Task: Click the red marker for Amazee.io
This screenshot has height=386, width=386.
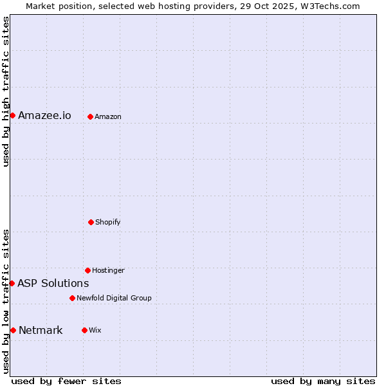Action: pyautogui.click(x=12, y=115)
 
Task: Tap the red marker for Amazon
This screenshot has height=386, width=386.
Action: pyautogui.click(x=90, y=116)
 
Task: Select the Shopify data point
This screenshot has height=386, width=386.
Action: pyautogui.click(x=91, y=222)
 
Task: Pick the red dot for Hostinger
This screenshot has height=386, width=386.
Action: pyautogui.click(x=87, y=270)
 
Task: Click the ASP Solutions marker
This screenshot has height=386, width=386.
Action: pyautogui.click(x=12, y=283)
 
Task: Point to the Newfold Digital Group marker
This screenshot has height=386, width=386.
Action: pyautogui.click(x=72, y=298)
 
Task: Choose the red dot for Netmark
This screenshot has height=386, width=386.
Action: pyautogui.click(x=13, y=330)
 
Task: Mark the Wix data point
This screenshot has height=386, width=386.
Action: pyautogui.click(x=84, y=330)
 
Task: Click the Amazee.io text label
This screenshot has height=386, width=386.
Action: pyautogui.click(x=44, y=116)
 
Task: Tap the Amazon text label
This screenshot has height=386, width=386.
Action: pyautogui.click(x=108, y=117)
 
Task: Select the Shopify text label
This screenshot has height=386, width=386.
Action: pyautogui.click(x=108, y=223)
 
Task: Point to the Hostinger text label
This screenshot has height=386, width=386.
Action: pyautogui.click(x=108, y=271)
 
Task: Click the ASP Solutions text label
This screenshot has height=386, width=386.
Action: pyautogui.click(x=53, y=284)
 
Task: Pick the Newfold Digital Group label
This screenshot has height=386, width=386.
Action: pyautogui.click(x=114, y=299)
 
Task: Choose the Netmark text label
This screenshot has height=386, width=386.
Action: pyautogui.click(x=41, y=331)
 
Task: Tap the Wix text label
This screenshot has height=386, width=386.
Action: pyautogui.click(x=95, y=331)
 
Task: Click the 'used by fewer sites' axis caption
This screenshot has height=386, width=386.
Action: pyautogui.click(x=66, y=381)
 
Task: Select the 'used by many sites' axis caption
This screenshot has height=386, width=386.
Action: pyautogui.click(x=323, y=381)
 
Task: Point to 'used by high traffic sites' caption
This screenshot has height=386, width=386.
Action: pyautogui.click(x=6, y=92)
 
